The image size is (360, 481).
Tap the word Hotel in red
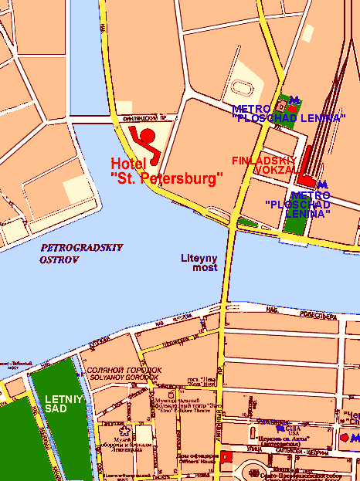pos(127,164)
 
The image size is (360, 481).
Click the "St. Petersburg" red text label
pos(167,178)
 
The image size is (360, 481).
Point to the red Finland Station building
pos(306,163)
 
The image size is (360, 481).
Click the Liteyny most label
pos(199,263)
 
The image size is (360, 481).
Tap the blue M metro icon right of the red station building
pos(322,184)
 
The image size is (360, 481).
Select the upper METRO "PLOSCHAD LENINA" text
pos(287,113)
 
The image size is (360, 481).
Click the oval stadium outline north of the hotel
pos(243,86)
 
